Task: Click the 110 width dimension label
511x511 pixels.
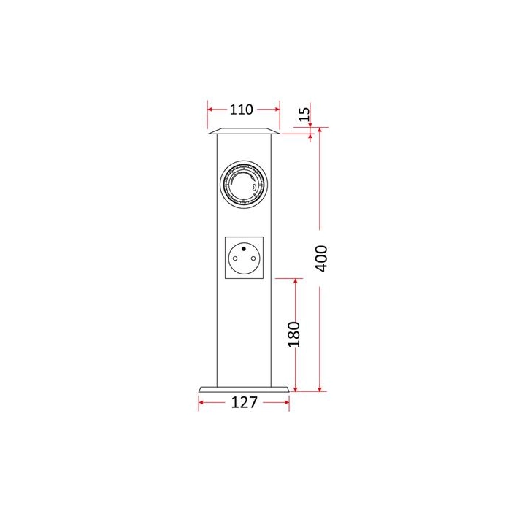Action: (241, 109)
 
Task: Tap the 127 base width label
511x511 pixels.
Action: (244, 402)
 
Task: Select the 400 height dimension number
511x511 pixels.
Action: (321, 258)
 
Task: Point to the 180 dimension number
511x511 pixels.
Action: (294, 334)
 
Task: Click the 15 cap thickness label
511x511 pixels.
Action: (304, 114)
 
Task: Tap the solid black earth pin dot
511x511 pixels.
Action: (244, 249)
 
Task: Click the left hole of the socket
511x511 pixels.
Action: (235, 258)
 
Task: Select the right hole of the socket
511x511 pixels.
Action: (253, 258)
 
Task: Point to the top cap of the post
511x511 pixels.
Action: (244, 131)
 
